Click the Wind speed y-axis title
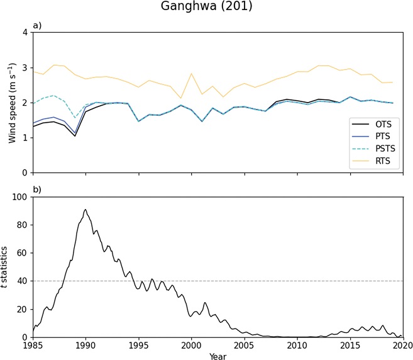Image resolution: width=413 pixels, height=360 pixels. click(x=13, y=102)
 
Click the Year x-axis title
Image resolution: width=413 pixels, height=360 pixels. click(x=218, y=354)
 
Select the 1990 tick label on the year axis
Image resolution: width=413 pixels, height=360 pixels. click(x=85, y=345)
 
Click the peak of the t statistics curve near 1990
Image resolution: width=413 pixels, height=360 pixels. click(x=85, y=210)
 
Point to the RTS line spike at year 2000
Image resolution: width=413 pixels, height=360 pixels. click(x=191, y=74)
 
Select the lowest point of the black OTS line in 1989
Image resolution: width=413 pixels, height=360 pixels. click(x=75, y=136)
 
